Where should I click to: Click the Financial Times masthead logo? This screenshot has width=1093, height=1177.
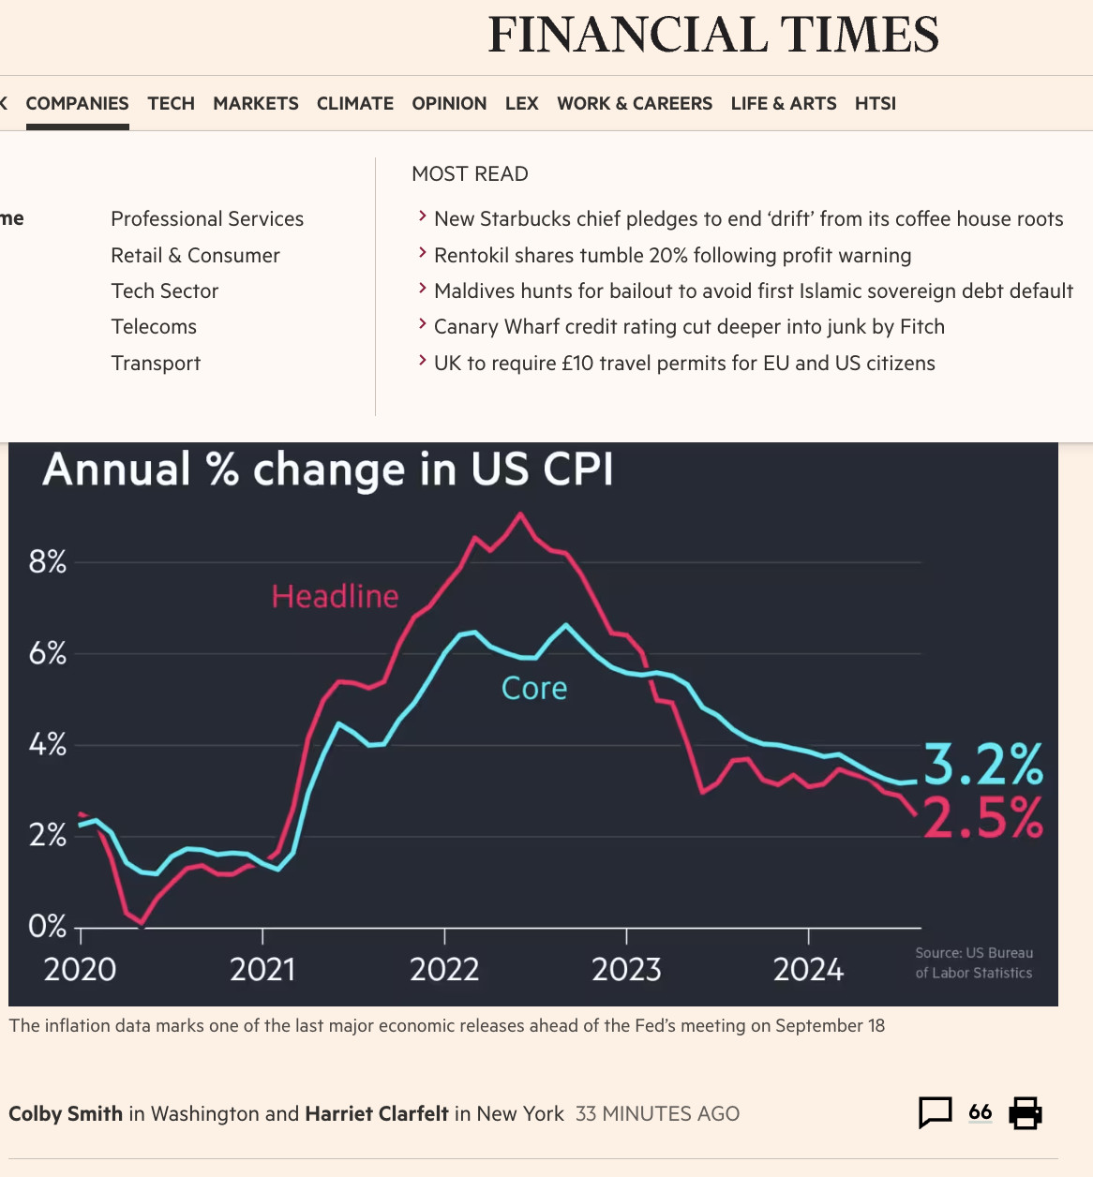click(712, 36)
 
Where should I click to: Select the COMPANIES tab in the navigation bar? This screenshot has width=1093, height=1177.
click(77, 103)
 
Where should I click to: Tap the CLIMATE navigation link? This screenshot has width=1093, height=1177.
click(354, 103)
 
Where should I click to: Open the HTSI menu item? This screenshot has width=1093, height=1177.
click(875, 103)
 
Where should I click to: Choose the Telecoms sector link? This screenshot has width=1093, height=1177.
click(154, 327)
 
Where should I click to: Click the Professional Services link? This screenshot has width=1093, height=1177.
click(207, 219)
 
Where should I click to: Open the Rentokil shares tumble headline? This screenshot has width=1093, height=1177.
click(672, 256)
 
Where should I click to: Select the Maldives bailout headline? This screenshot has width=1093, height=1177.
click(753, 291)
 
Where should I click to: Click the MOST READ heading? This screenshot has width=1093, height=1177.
click(470, 174)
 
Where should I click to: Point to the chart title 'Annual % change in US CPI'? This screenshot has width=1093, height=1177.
click(328, 469)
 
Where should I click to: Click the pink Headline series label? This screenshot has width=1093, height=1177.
click(335, 597)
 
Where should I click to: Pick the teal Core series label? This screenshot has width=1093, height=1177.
click(534, 689)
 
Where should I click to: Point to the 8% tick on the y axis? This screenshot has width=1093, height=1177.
click(48, 562)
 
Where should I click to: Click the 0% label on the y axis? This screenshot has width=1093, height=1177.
click(48, 927)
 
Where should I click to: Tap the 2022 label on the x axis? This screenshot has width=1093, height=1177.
click(444, 970)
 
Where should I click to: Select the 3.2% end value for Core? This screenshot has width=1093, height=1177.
click(983, 764)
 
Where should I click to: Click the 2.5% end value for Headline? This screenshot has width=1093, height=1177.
click(983, 818)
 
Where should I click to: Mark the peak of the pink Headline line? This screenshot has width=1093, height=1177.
click(520, 514)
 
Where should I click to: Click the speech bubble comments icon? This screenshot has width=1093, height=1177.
click(935, 1112)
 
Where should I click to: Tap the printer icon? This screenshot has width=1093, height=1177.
click(1026, 1112)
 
